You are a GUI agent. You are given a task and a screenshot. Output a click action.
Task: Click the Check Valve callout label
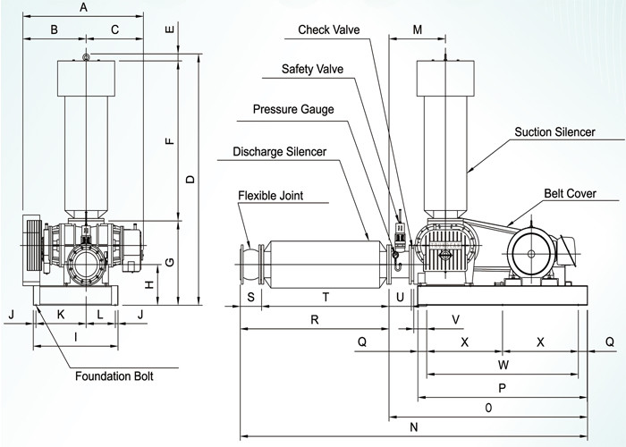[329, 30]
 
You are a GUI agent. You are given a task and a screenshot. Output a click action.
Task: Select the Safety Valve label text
[312, 69]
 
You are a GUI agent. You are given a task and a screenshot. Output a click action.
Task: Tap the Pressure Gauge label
[292, 110]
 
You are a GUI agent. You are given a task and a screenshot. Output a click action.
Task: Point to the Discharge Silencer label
[280, 152]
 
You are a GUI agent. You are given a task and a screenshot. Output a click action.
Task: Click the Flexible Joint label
[270, 195]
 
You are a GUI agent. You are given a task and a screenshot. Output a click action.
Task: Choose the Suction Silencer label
[554, 132]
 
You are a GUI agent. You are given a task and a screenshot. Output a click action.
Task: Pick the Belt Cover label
[570, 193]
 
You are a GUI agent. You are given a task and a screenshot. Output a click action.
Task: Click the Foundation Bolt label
[114, 376]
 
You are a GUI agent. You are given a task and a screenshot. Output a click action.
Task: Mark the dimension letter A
[83, 7]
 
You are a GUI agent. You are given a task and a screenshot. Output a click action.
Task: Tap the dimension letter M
[418, 30]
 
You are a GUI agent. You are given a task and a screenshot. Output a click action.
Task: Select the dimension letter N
[413, 427]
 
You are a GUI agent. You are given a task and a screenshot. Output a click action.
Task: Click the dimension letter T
[326, 297]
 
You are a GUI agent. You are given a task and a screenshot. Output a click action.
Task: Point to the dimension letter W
[503, 365]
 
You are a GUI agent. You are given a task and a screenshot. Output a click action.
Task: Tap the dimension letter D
[190, 180]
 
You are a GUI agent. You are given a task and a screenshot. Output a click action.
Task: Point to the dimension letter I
[75, 338]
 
